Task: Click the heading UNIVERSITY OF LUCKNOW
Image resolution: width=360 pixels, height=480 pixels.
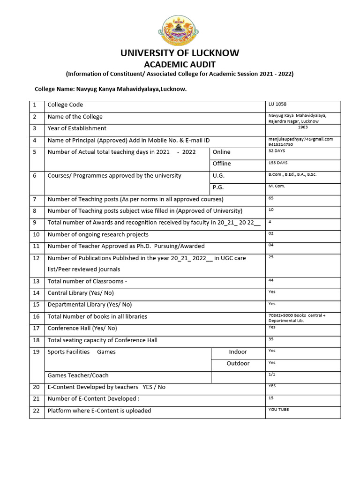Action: coord(180,53)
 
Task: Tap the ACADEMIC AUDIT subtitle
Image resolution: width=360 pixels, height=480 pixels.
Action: coord(180,64)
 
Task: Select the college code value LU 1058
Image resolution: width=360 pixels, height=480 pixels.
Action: coord(277,104)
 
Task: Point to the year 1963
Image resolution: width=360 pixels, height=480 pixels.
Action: coord(302,127)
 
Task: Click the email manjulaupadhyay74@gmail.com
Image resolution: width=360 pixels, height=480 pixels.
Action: coord(300,139)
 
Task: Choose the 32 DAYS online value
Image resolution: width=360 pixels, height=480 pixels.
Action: coord(277,151)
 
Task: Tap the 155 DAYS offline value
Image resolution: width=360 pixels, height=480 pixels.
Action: coord(277,163)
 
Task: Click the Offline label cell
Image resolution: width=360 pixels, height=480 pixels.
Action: coord(222,164)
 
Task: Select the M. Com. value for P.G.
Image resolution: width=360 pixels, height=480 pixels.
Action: coord(277,186)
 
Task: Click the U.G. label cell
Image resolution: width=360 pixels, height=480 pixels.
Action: coord(218,175)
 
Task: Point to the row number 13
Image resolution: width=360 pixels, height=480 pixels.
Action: coord(37,281)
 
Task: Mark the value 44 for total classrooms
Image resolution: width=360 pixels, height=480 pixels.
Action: coord(271,280)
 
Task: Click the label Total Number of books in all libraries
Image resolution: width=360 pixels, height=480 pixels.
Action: coord(97,316)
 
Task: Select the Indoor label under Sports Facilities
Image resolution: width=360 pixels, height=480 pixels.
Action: coord(238,352)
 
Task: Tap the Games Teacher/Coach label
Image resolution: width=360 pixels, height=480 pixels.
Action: coord(78,375)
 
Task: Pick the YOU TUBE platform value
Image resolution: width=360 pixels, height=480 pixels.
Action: coord(278,409)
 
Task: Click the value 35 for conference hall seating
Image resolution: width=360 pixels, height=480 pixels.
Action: coord(271,339)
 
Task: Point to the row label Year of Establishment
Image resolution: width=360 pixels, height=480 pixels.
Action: coord(77,128)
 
